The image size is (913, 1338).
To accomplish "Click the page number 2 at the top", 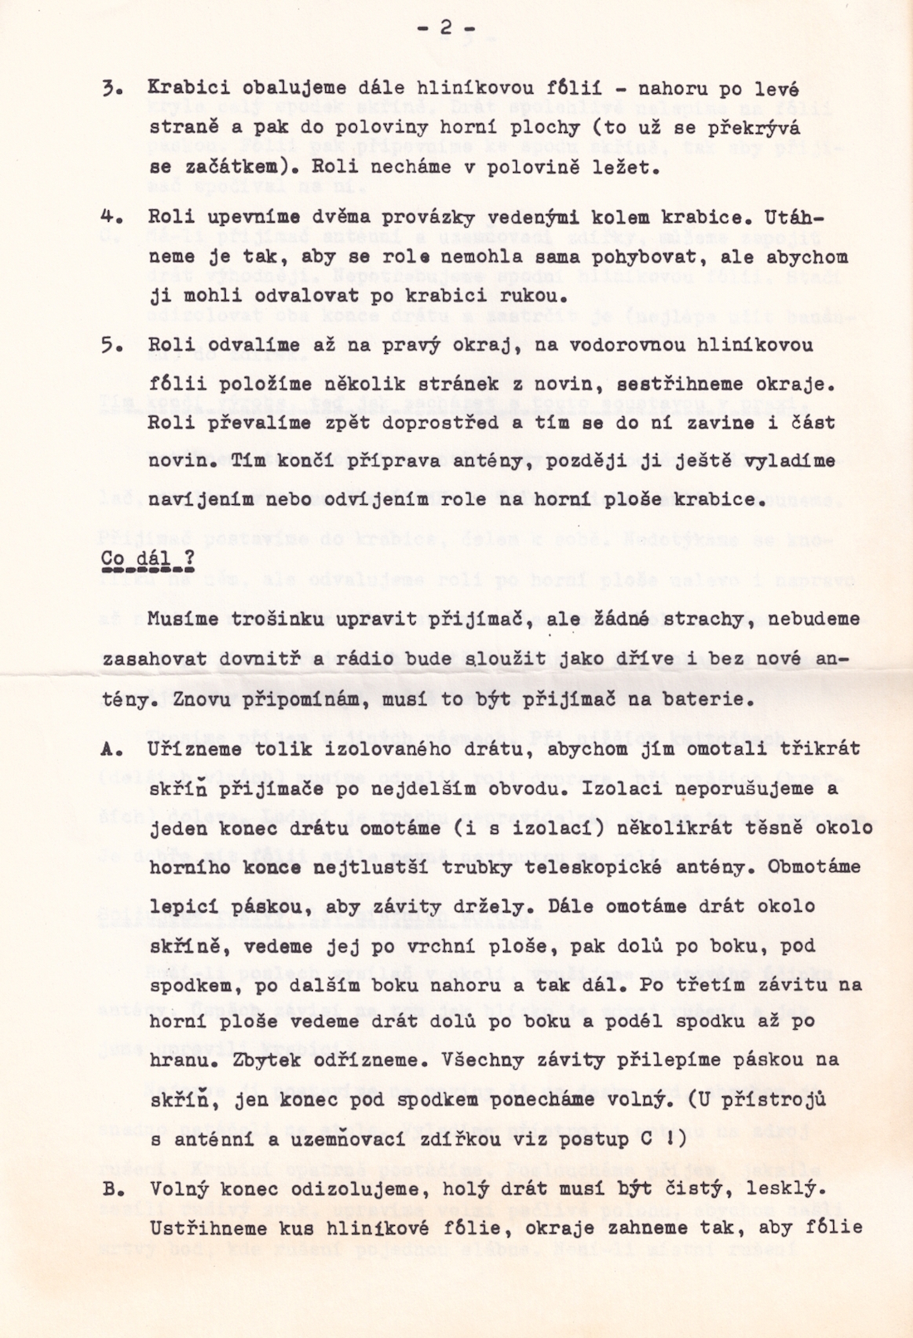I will click(446, 28).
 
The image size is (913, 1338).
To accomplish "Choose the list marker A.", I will click(109, 749).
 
